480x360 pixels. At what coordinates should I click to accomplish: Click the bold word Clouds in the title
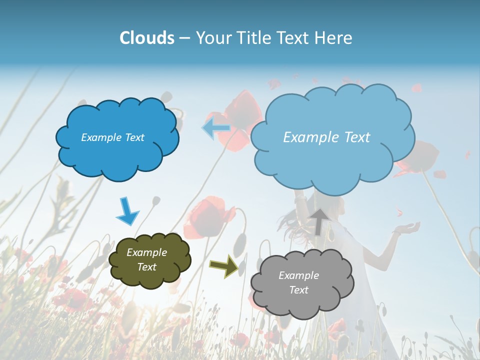click(147, 38)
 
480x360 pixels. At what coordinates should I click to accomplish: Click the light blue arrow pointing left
click(216, 128)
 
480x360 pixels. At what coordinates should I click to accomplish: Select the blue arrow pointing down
click(127, 211)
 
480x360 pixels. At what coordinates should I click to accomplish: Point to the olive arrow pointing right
click(223, 265)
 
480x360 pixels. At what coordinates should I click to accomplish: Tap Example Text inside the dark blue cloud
click(112, 137)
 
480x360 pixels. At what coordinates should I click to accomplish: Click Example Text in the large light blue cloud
click(326, 137)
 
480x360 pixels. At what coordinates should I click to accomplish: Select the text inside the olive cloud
click(146, 260)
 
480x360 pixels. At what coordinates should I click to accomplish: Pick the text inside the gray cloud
click(298, 282)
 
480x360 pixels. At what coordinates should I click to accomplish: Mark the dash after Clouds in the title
click(184, 38)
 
